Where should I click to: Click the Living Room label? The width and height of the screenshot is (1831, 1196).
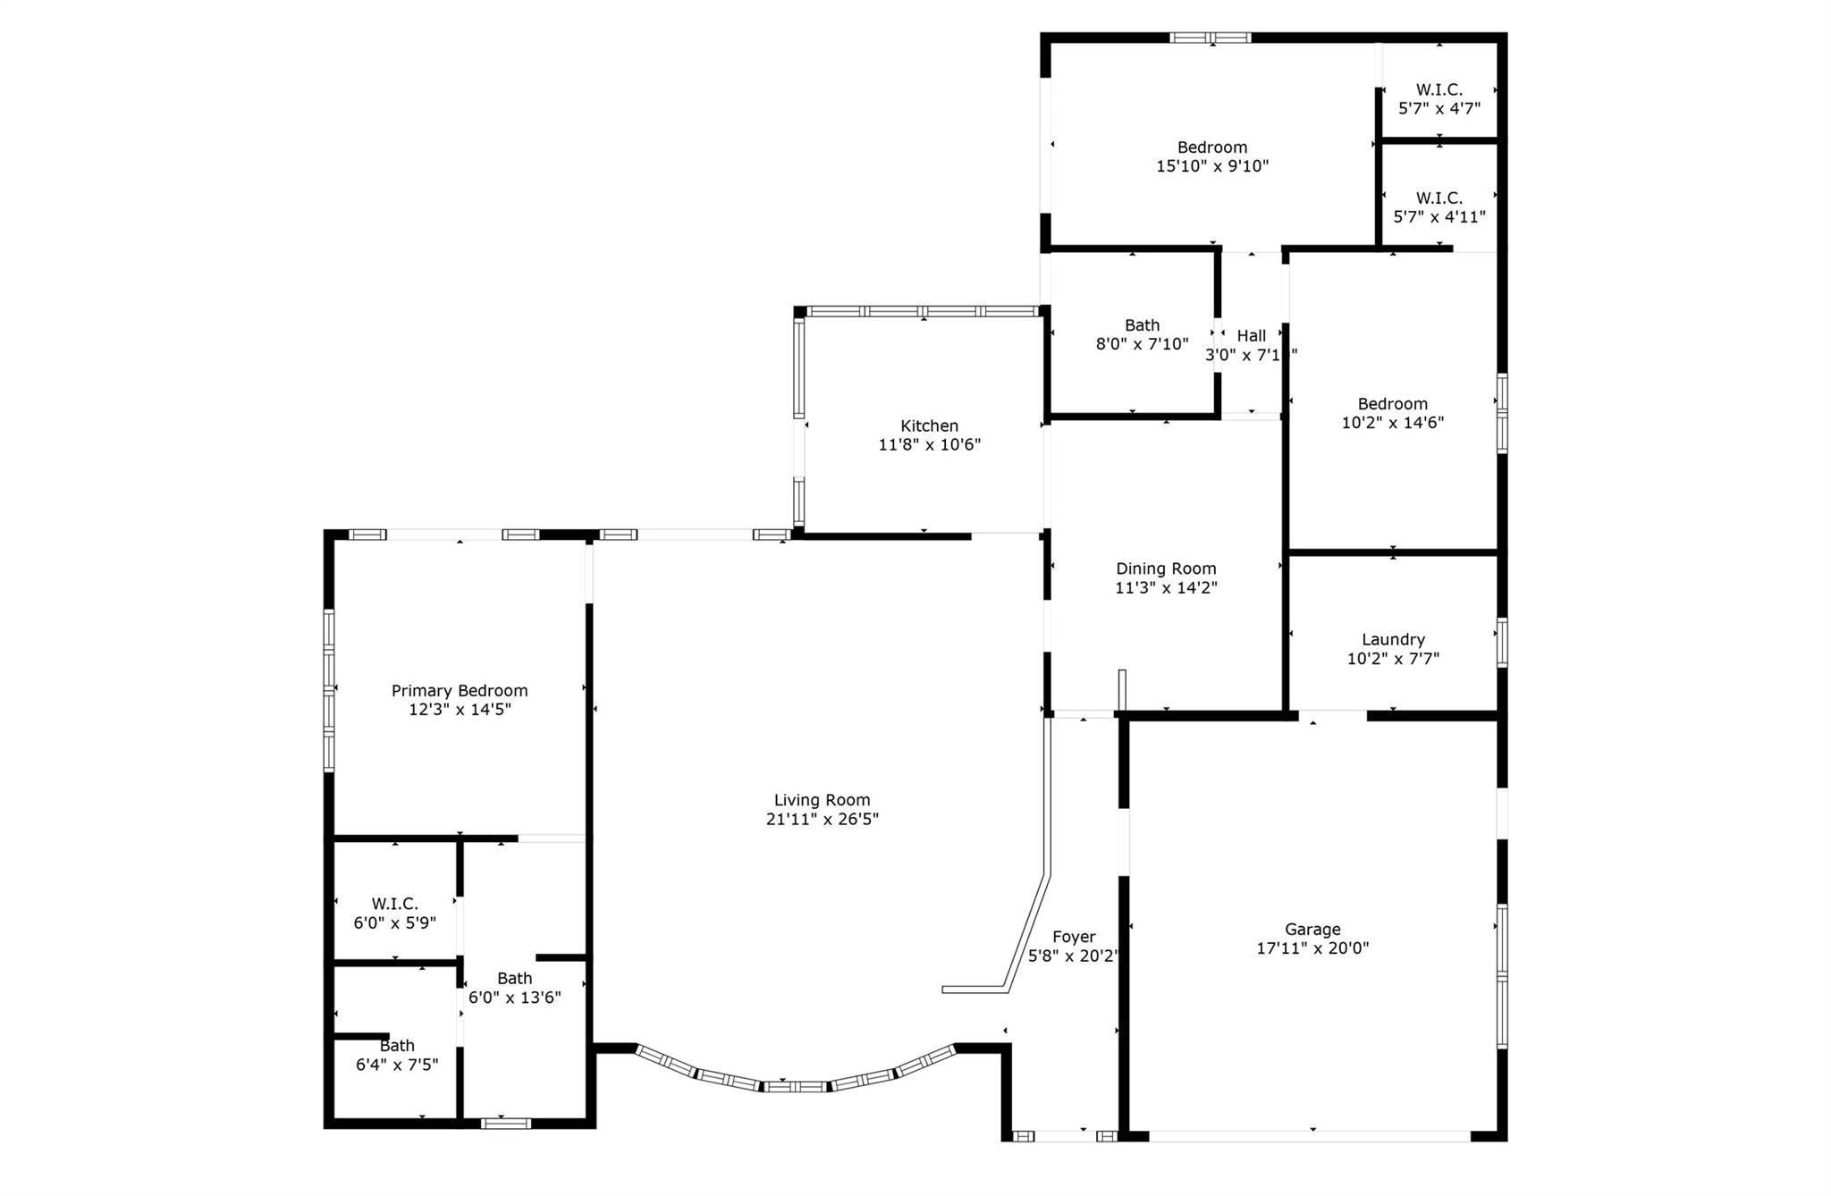coord(822,800)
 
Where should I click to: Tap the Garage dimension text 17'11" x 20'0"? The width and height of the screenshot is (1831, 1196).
coord(1312,948)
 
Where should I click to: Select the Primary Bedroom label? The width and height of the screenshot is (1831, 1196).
coord(460,690)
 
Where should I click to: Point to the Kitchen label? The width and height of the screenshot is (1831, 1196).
coord(929,425)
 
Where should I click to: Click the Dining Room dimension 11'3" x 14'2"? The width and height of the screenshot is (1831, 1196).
coord(1166,587)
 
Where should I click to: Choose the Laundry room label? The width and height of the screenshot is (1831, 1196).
coord(1393,639)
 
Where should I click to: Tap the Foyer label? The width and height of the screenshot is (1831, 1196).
coord(1074,937)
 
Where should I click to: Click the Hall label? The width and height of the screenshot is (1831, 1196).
coord(1251,335)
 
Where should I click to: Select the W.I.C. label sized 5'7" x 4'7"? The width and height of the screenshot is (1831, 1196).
coord(1439,89)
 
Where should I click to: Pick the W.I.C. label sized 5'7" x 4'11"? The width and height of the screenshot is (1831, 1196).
coord(1439,198)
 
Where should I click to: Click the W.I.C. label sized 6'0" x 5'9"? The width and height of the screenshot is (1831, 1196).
coord(395,904)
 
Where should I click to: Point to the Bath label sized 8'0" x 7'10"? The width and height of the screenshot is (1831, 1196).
coord(1142,325)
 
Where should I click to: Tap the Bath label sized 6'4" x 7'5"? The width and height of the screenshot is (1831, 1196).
coord(397,1045)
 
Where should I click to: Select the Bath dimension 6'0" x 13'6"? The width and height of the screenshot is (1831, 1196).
coord(515,998)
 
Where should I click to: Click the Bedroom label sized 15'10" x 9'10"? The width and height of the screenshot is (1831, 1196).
coord(1212,147)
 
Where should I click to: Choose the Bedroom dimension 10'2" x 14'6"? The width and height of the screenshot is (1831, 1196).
coord(1393,423)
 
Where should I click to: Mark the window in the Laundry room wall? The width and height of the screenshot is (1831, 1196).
coord(1502,642)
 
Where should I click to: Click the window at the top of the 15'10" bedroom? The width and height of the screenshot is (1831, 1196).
coord(1210,38)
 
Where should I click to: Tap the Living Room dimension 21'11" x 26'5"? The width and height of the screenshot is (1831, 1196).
coord(822,820)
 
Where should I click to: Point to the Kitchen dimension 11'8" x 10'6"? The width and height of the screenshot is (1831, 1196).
coord(929,444)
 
